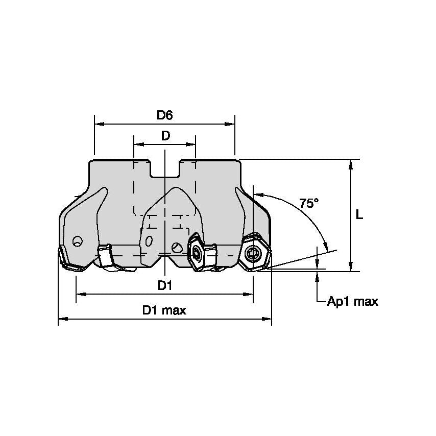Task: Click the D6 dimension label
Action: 164,115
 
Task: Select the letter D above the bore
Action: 165,136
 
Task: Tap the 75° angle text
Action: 309,203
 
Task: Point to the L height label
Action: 359,215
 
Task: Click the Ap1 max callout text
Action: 353,302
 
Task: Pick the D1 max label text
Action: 164,310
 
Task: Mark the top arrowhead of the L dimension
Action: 351,163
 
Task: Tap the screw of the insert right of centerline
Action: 196,251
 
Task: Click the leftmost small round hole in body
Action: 77,241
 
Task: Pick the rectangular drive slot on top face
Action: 165,169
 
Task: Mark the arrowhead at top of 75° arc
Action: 257,195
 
